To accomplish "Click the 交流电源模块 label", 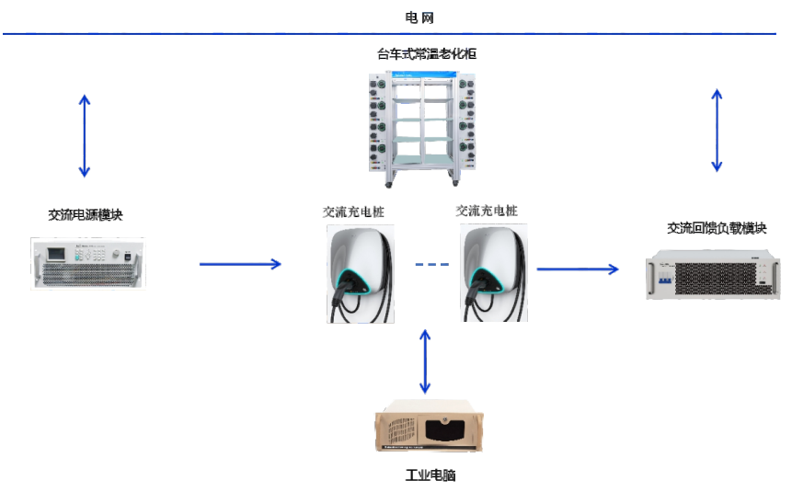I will pyautogui.click(x=86, y=215).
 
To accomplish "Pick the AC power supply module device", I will pyautogui.click(x=88, y=263).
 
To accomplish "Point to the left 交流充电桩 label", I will pyautogui.click(x=353, y=212).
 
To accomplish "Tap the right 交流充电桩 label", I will pyautogui.click(x=487, y=211).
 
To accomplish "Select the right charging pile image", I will pyautogui.click(x=495, y=272).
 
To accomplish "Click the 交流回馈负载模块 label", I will pyautogui.click(x=716, y=229).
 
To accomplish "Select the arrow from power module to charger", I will pyautogui.click(x=240, y=264).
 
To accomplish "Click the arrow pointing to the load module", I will pyautogui.click(x=578, y=269).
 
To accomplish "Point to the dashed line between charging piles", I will pyautogui.click(x=431, y=265).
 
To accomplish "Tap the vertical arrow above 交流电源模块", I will pyautogui.click(x=85, y=135).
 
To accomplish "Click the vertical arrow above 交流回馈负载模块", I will pyautogui.click(x=717, y=131).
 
